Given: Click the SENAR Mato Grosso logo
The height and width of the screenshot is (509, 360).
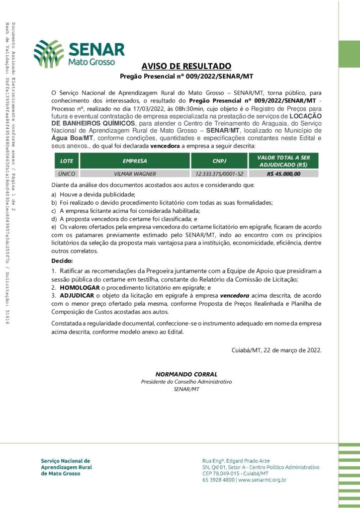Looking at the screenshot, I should [79, 53].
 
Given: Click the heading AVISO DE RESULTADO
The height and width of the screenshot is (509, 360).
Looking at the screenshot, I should [186, 66].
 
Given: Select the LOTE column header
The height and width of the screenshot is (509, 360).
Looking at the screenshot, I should [66, 161].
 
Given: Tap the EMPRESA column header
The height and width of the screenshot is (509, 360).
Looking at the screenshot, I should [135, 161].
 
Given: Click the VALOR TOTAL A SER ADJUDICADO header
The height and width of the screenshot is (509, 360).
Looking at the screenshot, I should [290, 161].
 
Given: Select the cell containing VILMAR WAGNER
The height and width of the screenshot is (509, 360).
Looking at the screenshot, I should [135, 174].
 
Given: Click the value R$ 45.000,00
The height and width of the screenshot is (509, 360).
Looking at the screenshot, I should [290, 174].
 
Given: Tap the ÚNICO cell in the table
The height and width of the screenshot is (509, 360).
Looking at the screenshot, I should [66, 174].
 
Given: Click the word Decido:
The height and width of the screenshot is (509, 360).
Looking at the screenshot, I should [62, 260].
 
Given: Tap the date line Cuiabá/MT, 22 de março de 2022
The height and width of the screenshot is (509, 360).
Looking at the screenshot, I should [276, 349].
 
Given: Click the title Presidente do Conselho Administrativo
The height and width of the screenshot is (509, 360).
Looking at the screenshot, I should [186, 381].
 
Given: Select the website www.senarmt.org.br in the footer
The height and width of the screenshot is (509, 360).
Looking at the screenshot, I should [263, 480].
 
